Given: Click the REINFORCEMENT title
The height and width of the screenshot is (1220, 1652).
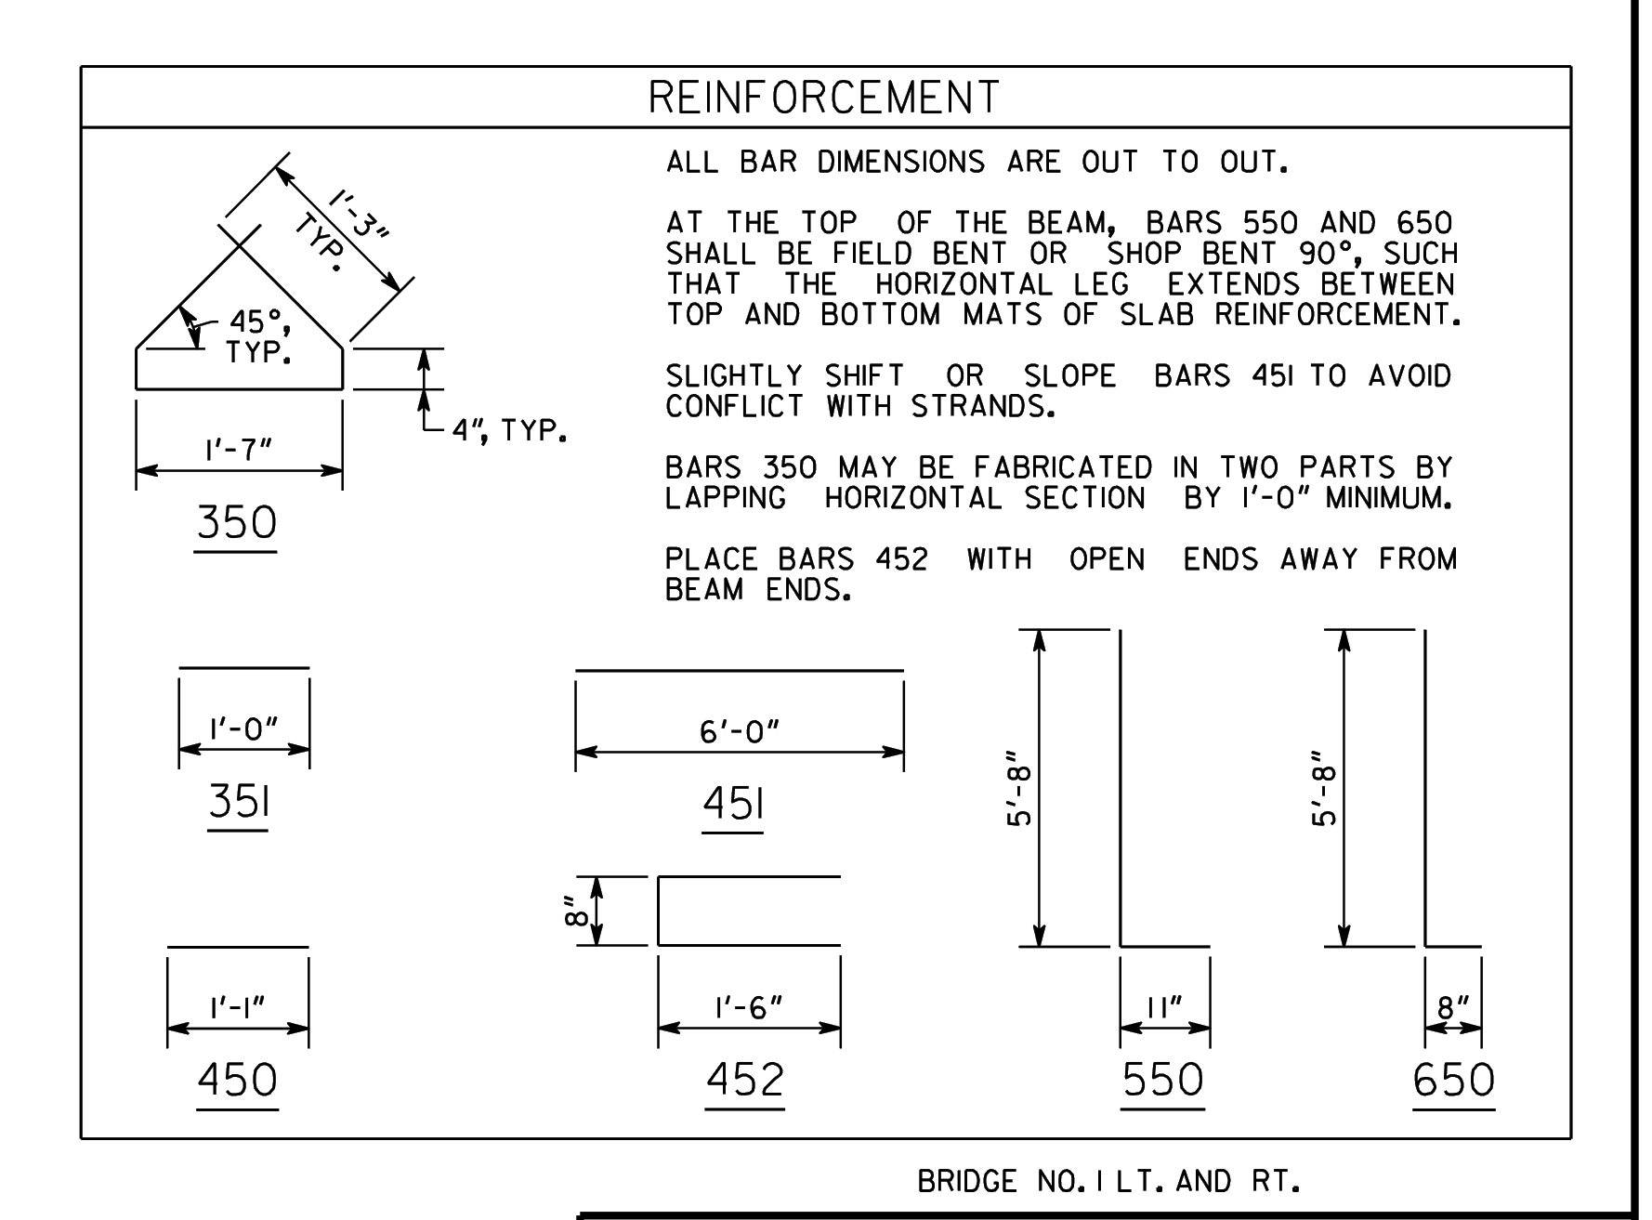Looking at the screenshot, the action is click(x=823, y=98).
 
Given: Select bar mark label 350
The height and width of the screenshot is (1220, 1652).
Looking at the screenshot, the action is click(x=237, y=522).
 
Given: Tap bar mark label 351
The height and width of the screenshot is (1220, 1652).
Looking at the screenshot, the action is click(x=239, y=802).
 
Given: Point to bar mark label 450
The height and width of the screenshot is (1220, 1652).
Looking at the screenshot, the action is click(x=237, y=1081).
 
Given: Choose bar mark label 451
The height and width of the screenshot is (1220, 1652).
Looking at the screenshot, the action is click(x=733, y=804).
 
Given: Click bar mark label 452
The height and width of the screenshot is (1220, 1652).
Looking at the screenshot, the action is click(x=745, y=1081).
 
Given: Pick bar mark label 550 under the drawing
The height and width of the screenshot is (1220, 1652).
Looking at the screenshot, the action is click(x=1162, y=1081).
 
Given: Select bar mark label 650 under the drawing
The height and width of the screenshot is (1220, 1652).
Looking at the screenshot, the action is click(x=1454, y=1081).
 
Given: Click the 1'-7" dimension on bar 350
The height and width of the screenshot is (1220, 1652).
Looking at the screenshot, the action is click(x=239, y=450).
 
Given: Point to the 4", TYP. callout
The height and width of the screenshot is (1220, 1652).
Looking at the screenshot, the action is click(x=510, y=431).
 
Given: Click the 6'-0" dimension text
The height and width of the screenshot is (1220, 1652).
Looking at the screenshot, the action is click(x=740, y=732).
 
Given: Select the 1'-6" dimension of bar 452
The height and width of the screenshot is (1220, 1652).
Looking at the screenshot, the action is click(x=749, y=1007).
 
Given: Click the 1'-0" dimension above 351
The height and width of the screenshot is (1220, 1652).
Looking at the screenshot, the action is click(x=244, y=728).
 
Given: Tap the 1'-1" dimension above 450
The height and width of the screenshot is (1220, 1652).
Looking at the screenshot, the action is click(x=238, y=1007).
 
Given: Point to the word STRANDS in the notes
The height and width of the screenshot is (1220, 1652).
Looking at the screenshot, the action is click(x=983, y=407).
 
